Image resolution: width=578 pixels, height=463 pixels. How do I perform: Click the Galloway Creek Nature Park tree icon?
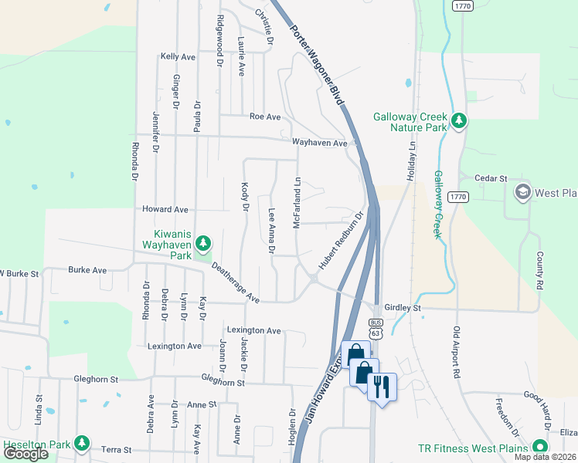pyautogui.click(x=459, y=120)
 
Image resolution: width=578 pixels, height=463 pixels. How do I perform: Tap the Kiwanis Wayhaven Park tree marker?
pyautogui.click(x=203, y=244)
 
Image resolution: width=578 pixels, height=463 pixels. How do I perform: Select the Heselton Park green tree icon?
pyautogui.click(x=81, y=444)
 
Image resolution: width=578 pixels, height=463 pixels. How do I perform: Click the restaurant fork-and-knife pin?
pyautogui.click(x=381, y=386)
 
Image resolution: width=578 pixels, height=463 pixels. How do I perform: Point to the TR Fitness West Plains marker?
pyautogui.click(x=539, y=448)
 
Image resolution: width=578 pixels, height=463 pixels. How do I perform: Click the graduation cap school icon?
pyautogui.click(x=522, y=191)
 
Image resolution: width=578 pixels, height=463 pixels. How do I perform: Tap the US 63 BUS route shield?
pyautogui.click(x=376, y=328)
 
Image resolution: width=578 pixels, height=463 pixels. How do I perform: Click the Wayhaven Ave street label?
pyautogui.click(x=320, y=142)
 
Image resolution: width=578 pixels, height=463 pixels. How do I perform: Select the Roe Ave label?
pyautogui.click(x=265, y=117)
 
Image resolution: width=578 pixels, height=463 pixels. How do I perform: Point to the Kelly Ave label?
pyautogui.click(x=178, y=57)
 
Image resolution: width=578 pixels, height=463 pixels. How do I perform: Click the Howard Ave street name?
pyautogui.click(x=165, y=209)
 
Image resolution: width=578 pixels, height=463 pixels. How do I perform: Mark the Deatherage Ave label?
pyautogui.click(x=235, y=282)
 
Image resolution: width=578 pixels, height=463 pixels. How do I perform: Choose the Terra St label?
pyautogui.click(x=117, y=449)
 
